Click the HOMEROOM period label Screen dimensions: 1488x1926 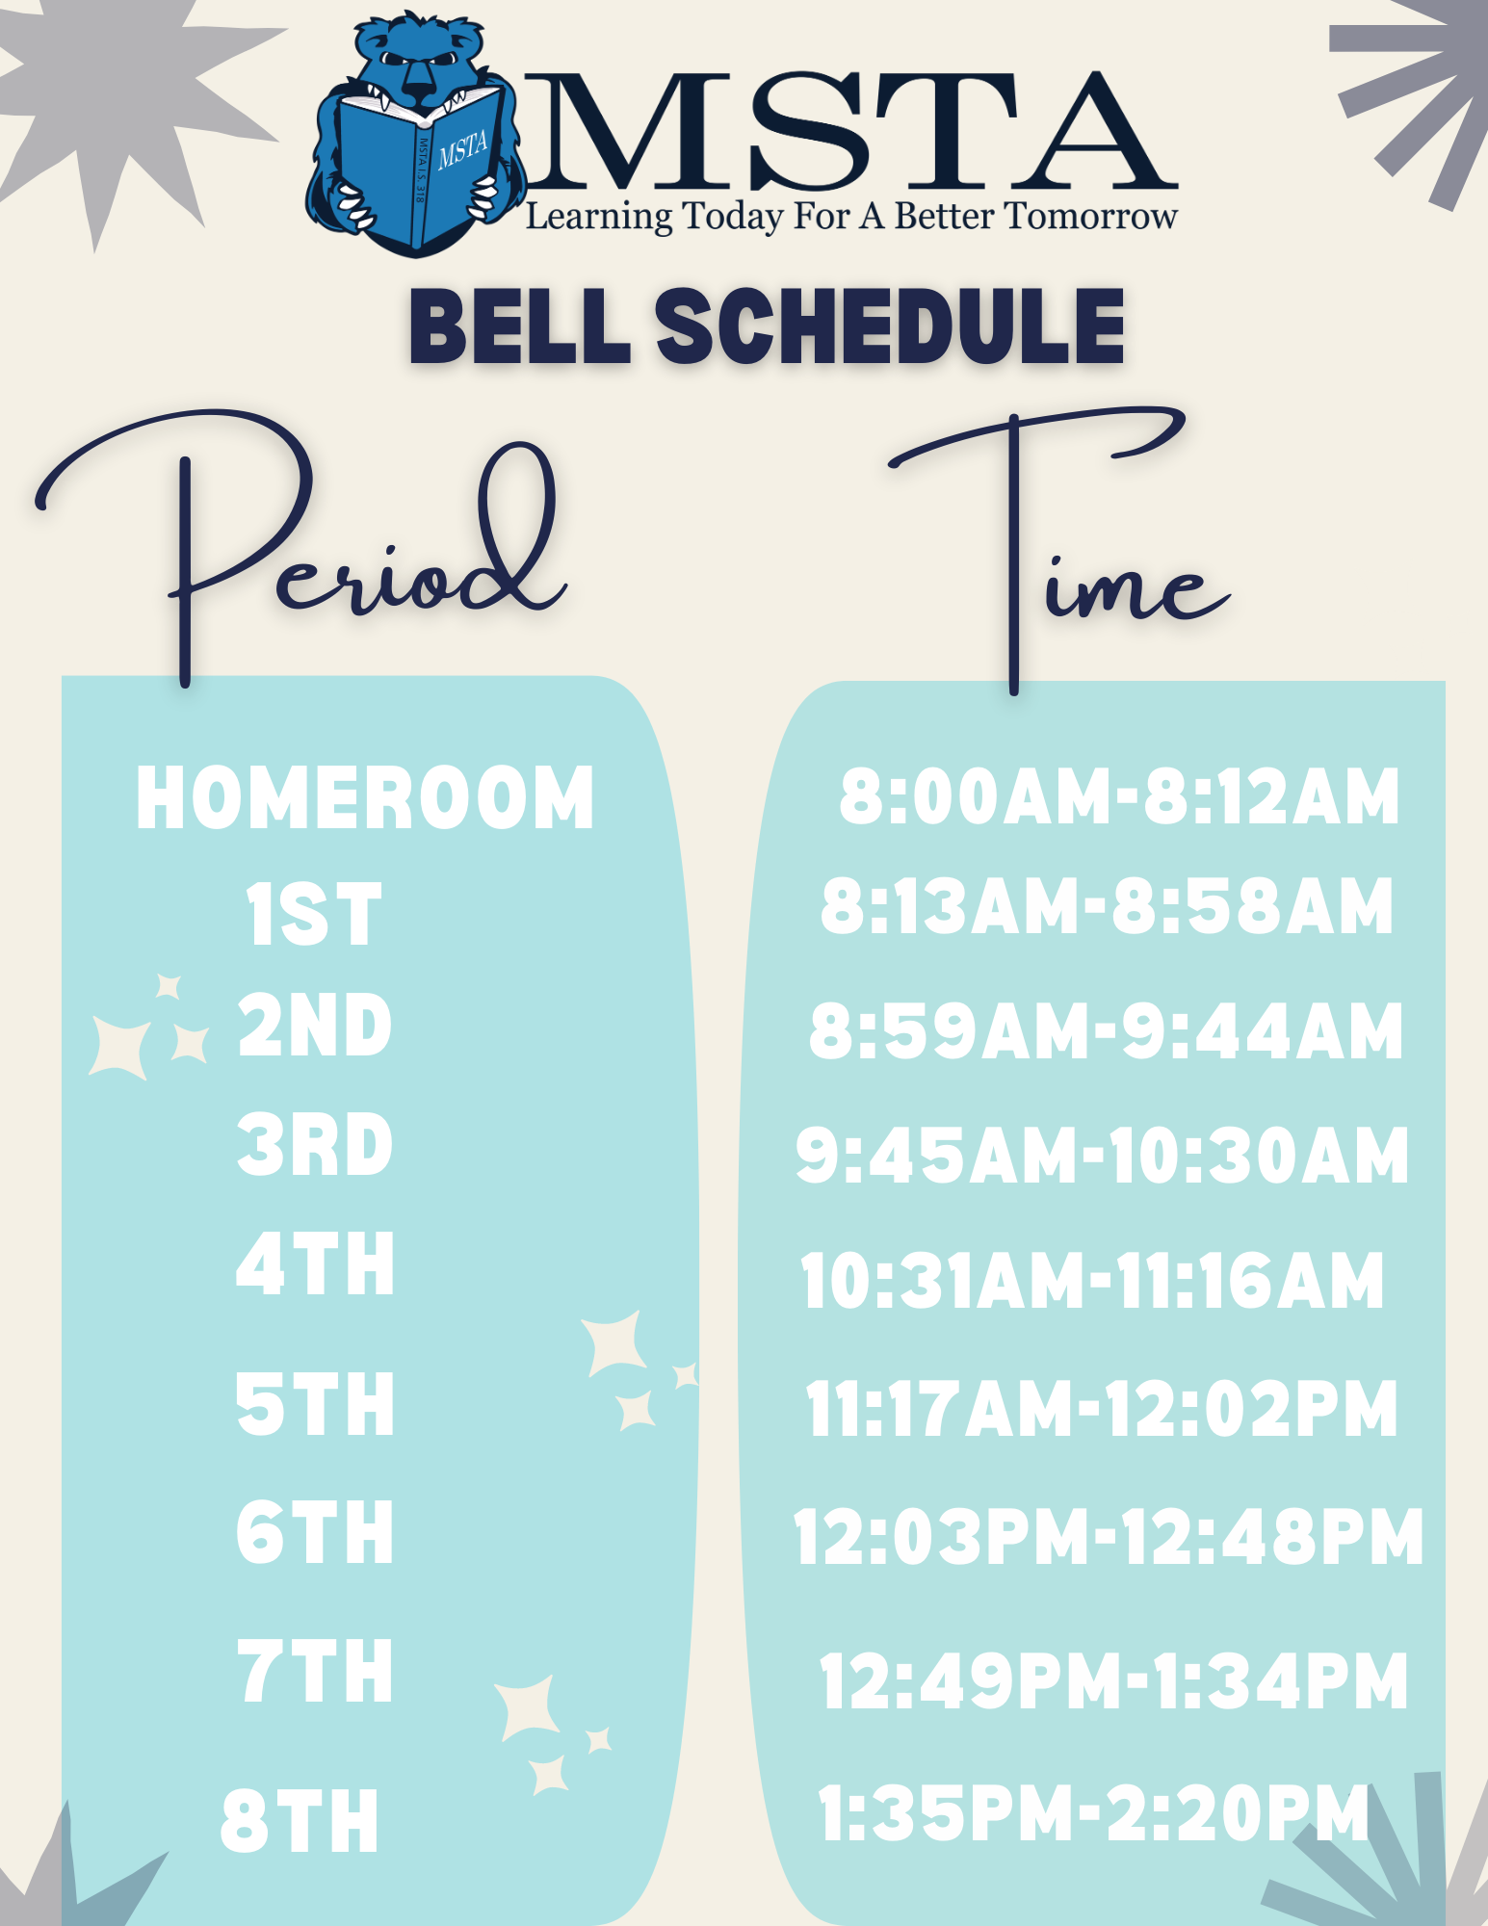[365, 797]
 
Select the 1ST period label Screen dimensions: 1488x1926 [314, 915]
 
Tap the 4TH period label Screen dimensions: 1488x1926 [315, 1263]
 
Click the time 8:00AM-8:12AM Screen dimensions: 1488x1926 [1119, 796]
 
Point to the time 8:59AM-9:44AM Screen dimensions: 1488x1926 [1106, 1030]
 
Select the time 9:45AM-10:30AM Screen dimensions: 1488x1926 [1102, 1154]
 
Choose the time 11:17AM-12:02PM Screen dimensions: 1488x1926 [1101, 1408]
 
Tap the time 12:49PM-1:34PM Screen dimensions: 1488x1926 [1113, 1680]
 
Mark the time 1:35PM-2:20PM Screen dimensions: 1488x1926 [1094, 1812]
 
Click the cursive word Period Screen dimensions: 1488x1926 [300, 544]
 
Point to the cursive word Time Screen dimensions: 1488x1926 [1059, 549]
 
